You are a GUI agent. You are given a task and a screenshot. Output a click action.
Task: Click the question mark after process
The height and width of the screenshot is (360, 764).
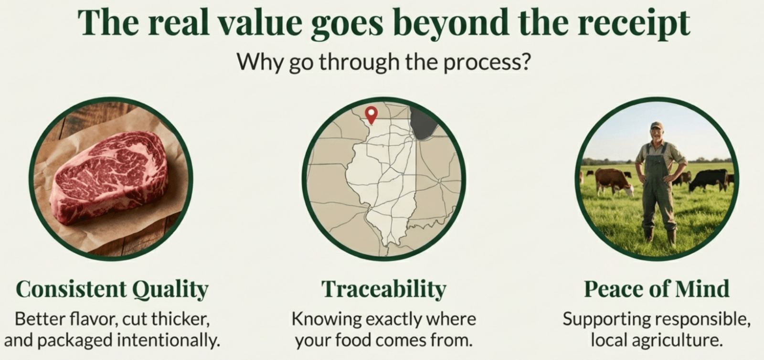(x=525, y=61)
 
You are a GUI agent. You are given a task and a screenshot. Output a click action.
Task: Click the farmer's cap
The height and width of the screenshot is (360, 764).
(x=656, y=126)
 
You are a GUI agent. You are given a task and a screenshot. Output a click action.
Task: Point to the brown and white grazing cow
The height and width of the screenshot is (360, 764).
(x=614, y=181)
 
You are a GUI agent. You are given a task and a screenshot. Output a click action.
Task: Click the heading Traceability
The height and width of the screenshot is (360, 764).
(x=384, y=289)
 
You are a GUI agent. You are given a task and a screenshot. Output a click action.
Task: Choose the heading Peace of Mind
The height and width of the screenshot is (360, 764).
(x=657, y=289)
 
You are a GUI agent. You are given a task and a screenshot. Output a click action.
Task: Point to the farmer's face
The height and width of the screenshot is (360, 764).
(x=657, y=134)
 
